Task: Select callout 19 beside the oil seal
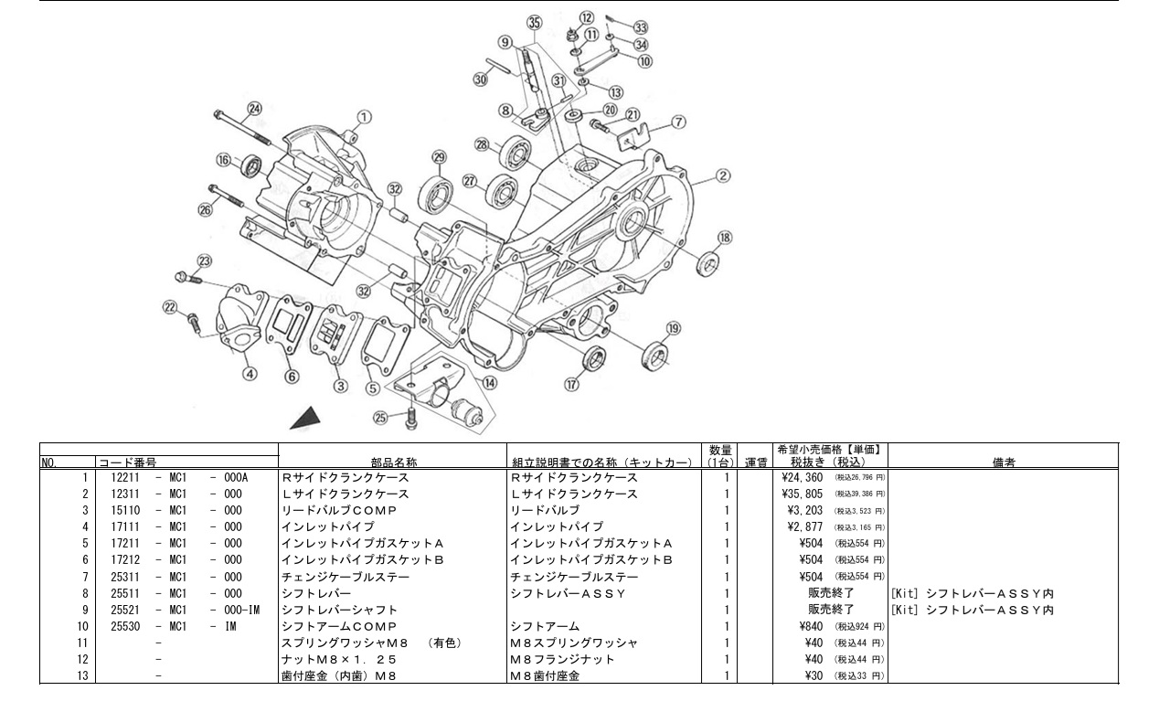[x=674, y=328]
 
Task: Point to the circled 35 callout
[x=535, y=23]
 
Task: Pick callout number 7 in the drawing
[x=678, y=122]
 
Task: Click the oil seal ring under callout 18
[x=708, y=265]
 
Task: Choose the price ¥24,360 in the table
[x=803, y=477]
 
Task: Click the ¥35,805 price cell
[x=803, y=494]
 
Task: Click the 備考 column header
[x=1003, y=462]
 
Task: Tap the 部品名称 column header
[x=393, y=462]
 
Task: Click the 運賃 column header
[x=755, y=462]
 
